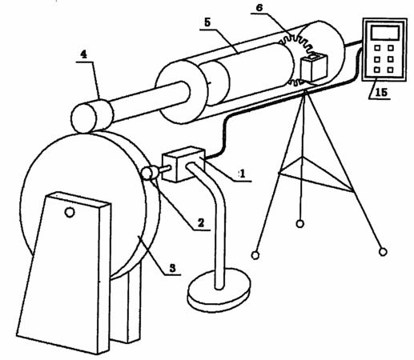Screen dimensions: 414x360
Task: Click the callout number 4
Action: pyautogui.click(x=84, y=54)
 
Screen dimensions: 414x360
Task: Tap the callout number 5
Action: pyautogui.click(x=207, y=22)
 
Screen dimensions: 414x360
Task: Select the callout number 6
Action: pyautogui.click(x=259, y=8)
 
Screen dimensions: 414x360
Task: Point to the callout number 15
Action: pyautogui.click(x=381, y=92)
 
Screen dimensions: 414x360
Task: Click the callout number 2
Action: pyautogui.click(x=201, y=222)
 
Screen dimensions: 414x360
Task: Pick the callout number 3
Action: pyautogui.click(x=173, y=268)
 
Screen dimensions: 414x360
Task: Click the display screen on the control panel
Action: pyautogui.click(x=385, y=33)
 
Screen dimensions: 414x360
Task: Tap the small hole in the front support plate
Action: pyautogui.click(x=70, y=212)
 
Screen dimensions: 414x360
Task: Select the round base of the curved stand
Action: pyautogui.click(x=219, y=290)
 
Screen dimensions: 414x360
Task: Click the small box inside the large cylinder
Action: pyautogui.click(x=314, y=67)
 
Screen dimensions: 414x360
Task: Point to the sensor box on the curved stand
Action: pyautogui.click(x=183, y=164)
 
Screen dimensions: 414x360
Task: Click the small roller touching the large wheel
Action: pyautogui.click(x=148, y=173)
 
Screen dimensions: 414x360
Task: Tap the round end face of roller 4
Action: pyautogui.click(x=83, y=118)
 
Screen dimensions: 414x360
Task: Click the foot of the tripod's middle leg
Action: pyautogui.click(x=300, y=224)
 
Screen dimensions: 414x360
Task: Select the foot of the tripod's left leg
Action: pyautogui.click(x=255, y=255)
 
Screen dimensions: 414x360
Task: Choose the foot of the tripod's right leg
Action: pyautogui.click(x=383, y=252)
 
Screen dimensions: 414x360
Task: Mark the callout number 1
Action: pyautogui.click(x=243, y=174)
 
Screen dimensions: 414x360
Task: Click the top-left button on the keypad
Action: pyautogui.click(x=377, y=48)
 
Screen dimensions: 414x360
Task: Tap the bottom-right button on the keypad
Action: pyautogui.click(x=390, y=70)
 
